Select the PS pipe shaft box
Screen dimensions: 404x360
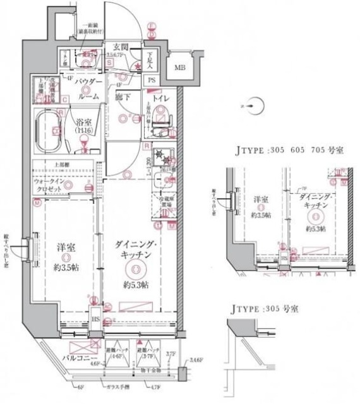152,80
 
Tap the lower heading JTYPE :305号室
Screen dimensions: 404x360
265,310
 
